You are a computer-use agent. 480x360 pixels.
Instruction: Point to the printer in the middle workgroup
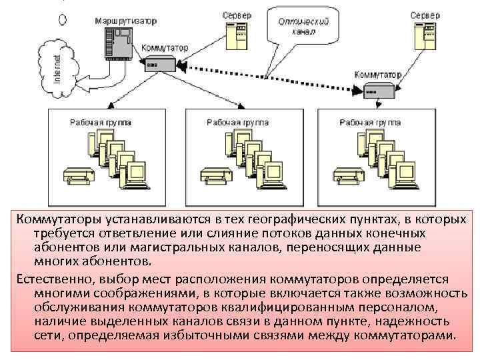coord(213,175)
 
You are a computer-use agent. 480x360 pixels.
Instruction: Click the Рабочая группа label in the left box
coord(100,123)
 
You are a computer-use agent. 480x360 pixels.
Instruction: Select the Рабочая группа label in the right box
coord(371,123)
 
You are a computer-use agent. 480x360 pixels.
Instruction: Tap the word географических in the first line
coord(290,220)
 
